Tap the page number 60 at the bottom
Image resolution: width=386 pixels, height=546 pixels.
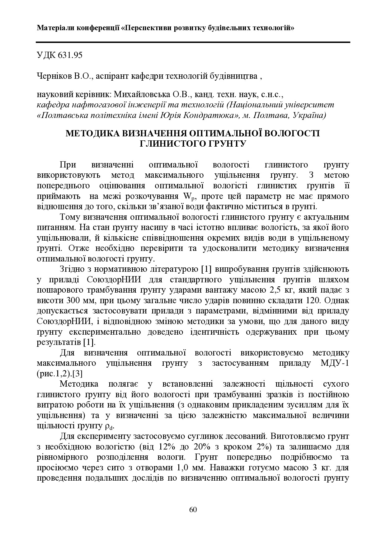point(193,510)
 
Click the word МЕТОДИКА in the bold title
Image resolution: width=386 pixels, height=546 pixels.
point(93,134)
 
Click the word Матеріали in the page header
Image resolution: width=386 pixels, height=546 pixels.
point(56,28)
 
